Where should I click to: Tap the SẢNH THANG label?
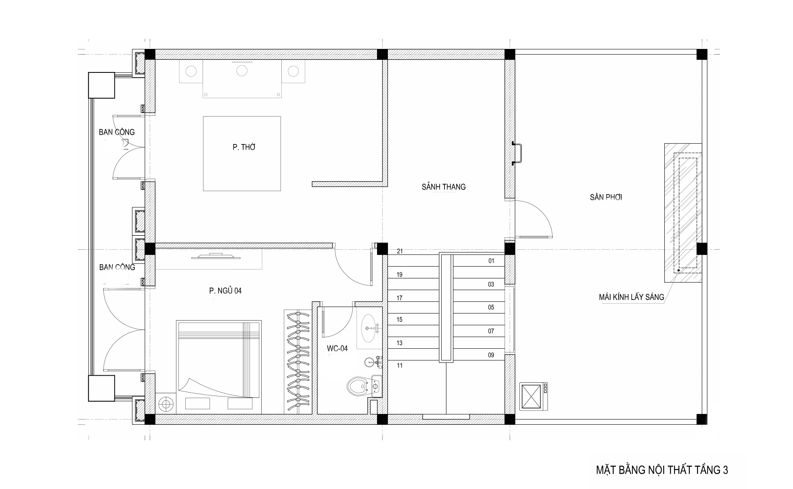444,187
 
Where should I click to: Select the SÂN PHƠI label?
606,197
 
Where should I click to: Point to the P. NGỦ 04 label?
225,291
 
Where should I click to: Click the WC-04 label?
337,348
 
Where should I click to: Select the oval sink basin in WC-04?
369,328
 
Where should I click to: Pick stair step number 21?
400,251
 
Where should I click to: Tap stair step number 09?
491,355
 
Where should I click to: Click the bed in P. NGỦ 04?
219,367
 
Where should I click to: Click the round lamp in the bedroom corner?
166,404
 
